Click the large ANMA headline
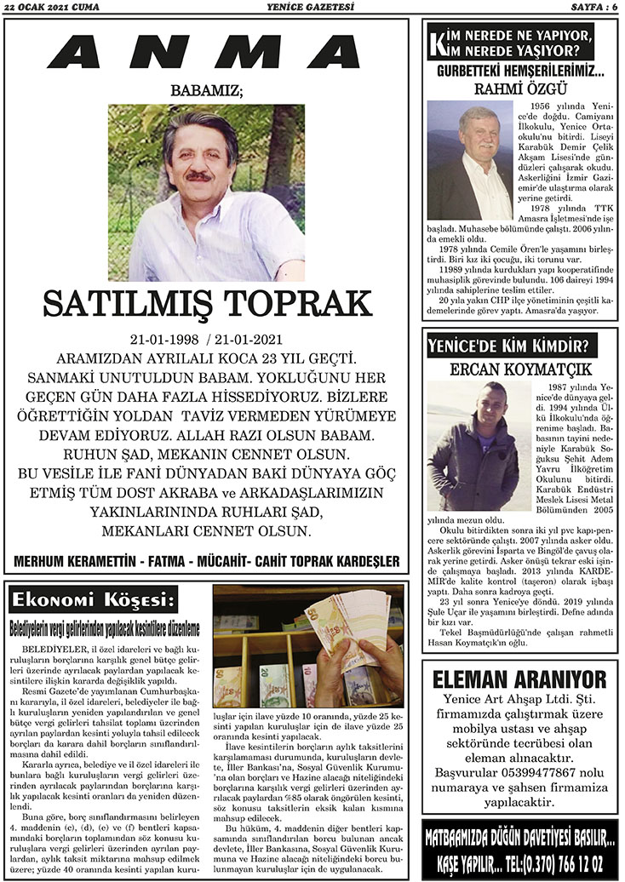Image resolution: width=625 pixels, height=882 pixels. (205, 53)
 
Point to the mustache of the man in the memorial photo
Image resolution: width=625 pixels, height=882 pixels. (199, 176)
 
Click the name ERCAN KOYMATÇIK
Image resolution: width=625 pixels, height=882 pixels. (519, 370)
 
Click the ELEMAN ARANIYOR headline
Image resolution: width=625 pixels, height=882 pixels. (519, 679)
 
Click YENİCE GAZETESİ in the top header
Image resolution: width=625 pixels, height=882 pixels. (315, 8)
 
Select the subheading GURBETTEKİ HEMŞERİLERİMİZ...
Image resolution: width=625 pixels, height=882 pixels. (519, 72)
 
